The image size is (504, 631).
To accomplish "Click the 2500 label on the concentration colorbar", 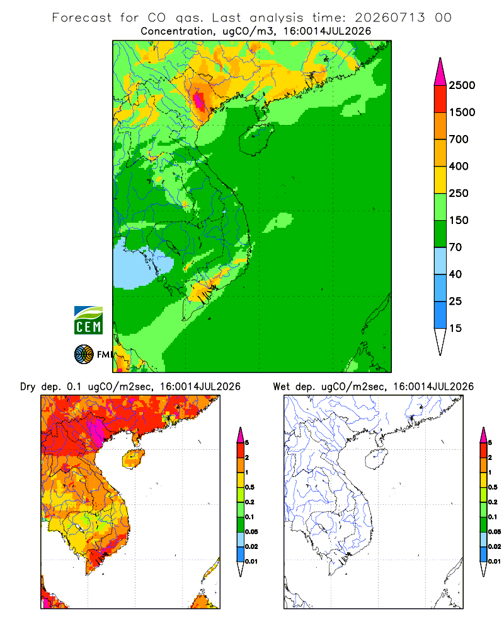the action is [462, 85].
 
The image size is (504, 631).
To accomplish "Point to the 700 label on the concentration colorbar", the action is [459, 139].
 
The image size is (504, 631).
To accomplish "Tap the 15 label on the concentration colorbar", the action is [455, 328].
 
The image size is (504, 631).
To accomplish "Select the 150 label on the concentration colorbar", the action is [459, 220].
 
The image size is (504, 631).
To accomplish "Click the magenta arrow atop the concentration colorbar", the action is [440, 73].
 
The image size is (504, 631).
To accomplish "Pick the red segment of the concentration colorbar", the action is [440, 99].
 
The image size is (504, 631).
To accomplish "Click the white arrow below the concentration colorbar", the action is [440, 341].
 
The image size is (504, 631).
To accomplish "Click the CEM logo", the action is [88, 321].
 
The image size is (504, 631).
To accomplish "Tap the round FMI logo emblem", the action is [84, 355].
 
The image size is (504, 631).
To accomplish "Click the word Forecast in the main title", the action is [82, 18].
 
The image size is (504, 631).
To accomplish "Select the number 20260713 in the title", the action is [389, 18].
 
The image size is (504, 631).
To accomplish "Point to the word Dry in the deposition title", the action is [28, 387].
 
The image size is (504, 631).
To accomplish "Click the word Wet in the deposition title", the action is [281, 387].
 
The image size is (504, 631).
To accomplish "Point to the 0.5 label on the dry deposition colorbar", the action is [249, 487].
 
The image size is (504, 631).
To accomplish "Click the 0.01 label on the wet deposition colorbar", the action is [495, 562].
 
